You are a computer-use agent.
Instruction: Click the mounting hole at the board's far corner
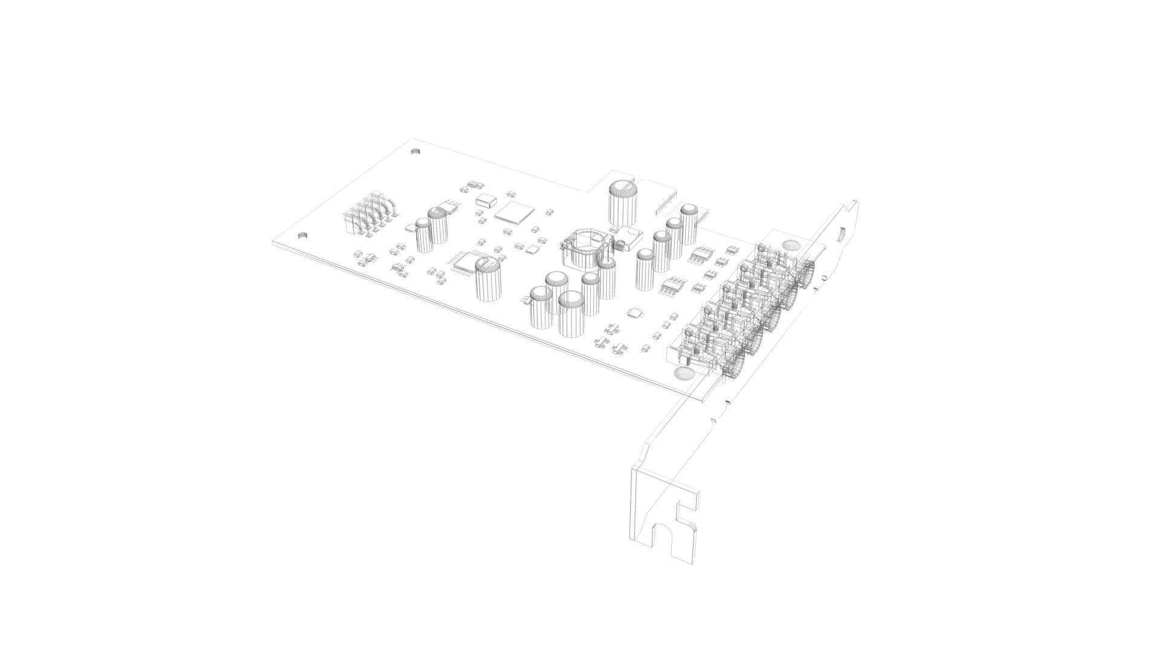tap(415, 151)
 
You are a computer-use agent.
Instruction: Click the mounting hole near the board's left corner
tap(303, 235)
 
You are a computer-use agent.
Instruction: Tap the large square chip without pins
tap(515, 212)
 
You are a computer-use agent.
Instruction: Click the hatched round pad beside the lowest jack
tap(685, 373)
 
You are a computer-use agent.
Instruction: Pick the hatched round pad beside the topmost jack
tap(790, 245)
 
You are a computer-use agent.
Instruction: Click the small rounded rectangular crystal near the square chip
tap(486, 199)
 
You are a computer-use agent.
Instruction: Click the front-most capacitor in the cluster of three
tap(571, 314)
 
